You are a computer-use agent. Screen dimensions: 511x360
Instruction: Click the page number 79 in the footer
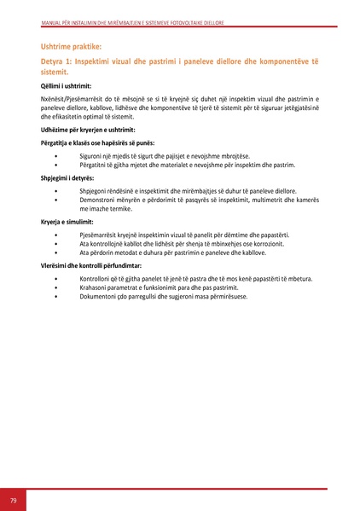coord(13,499)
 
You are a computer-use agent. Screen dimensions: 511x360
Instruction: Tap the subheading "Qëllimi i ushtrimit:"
coord(67,86)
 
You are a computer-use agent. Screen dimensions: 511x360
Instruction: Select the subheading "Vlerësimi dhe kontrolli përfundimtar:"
coord(91,265)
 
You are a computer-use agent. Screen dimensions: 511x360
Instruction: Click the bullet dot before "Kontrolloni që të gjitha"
coord(55,279)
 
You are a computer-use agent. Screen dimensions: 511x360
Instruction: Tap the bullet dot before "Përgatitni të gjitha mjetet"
coord(55,164)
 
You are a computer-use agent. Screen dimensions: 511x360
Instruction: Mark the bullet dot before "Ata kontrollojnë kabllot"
coord(55,244)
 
